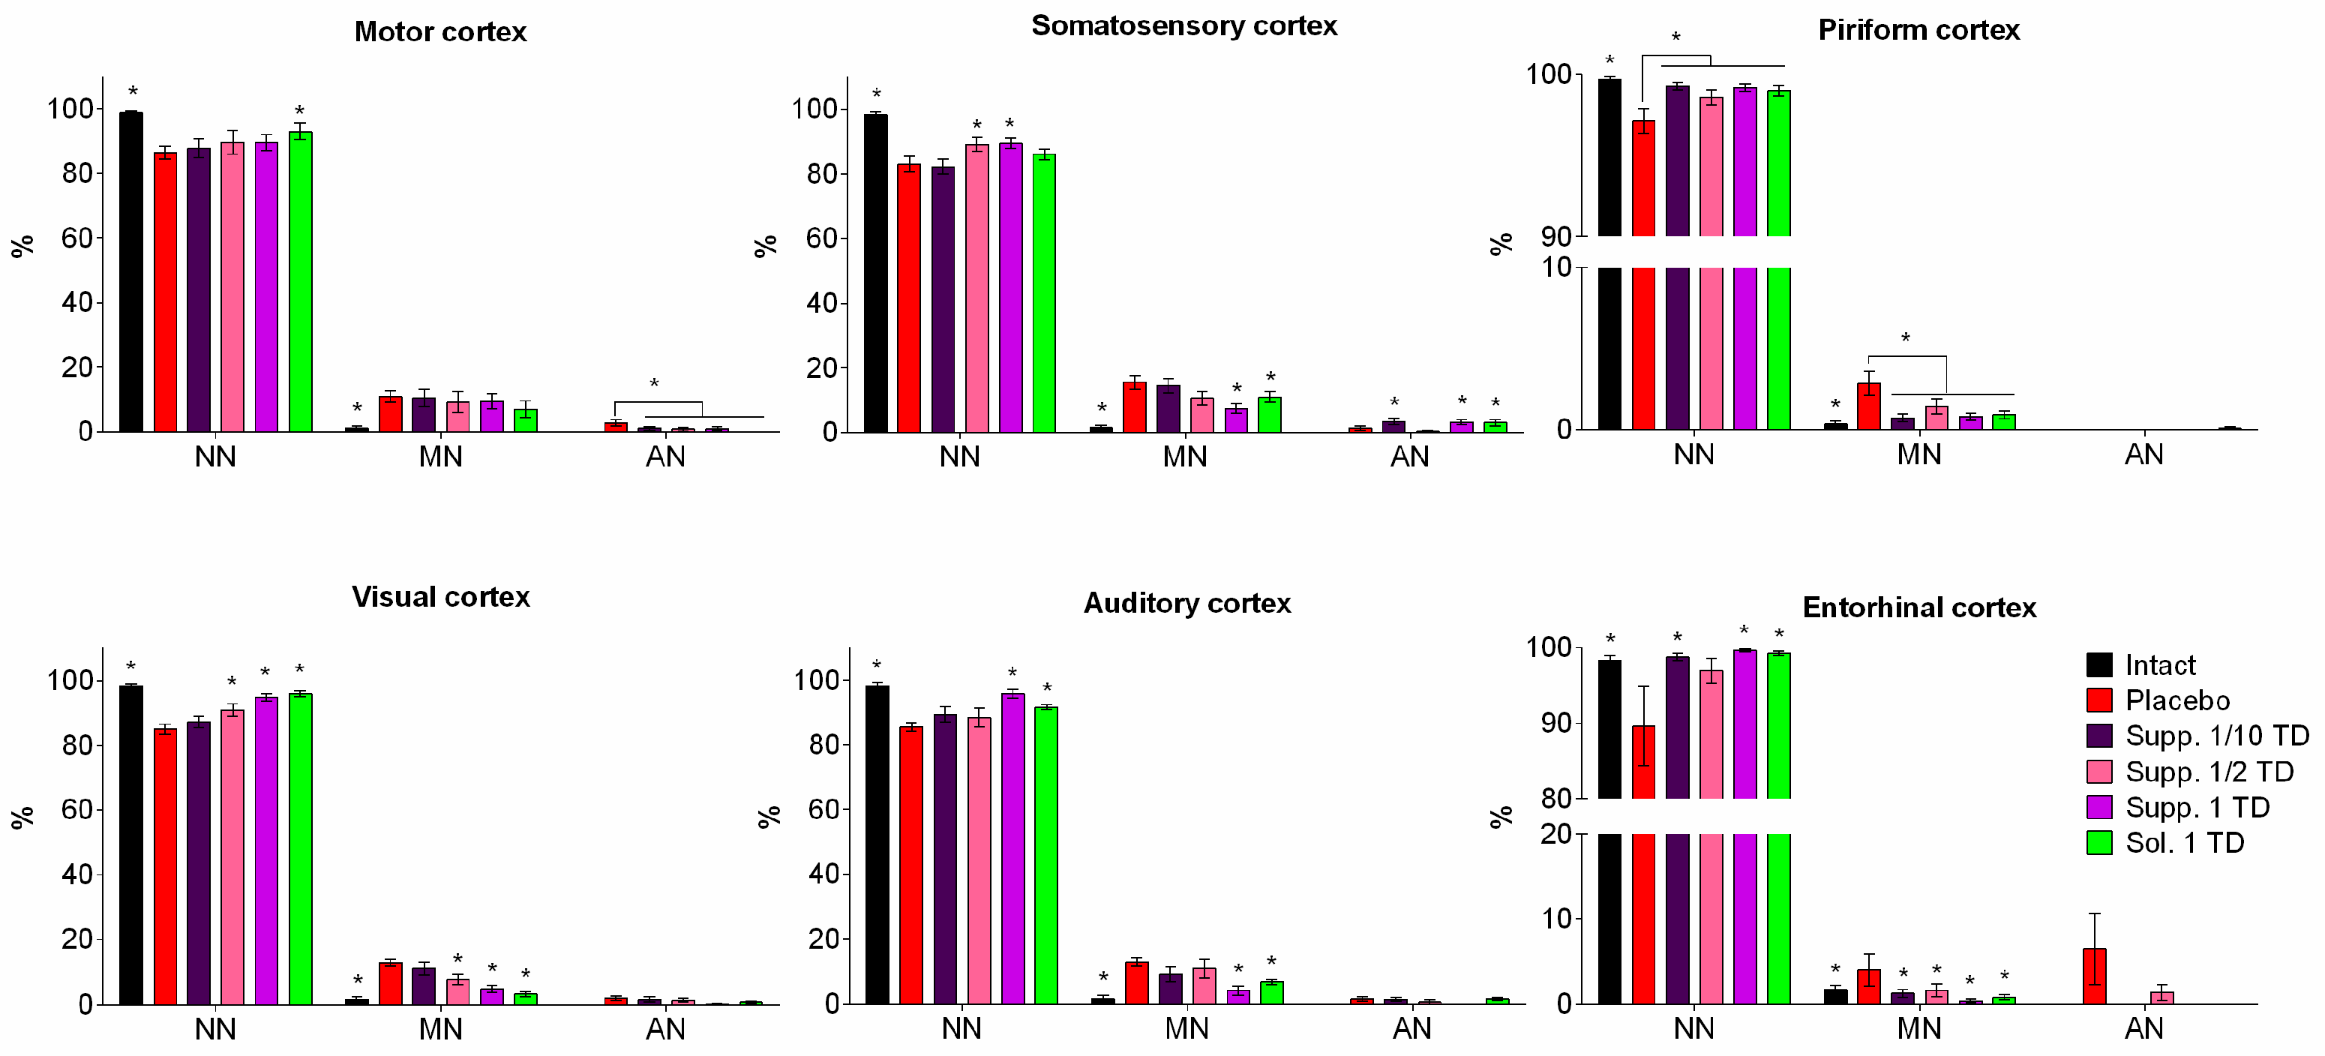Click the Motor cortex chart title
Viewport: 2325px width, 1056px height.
pyautogui.click(x=439, y=31)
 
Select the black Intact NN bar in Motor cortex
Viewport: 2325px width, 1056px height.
pyautogui.click(x=130, y=271)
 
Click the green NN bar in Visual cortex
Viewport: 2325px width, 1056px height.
pyautogui.click(x=300, y=848)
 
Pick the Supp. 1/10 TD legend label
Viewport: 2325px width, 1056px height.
pyautogui.click(x=2215, y=736)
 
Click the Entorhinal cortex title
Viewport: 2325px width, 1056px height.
pyautogui.click(x=1918, y=607)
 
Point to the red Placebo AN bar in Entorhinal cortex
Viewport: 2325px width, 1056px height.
pyautogui.click(x=2094, y=976)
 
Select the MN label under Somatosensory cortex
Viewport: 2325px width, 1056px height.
pyautogui.click(x=1184, y=457)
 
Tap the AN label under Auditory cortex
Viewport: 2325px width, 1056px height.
pyautogui.click(x=1411, y=1028)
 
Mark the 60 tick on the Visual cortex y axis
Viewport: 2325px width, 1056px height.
pyautogui.click(x=76, y=809)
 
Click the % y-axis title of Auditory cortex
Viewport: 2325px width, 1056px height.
pyautogui.click(x=768, y=817)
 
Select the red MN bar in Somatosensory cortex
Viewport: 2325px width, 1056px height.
pyautogui.click(x=1135, y=407)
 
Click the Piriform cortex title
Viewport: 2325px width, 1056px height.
pyautogui.click(x=1918, y=30)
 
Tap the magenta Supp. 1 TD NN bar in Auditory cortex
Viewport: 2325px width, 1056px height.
pyautogui.click(x=1012, y=848)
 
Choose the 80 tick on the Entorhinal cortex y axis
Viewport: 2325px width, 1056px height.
pyautogui.click(x=1556, y=798)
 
